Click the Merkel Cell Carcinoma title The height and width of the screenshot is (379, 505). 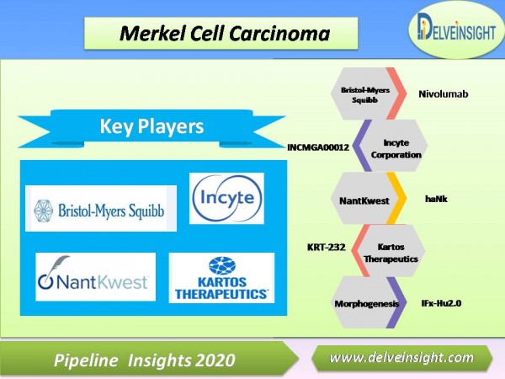pos(225,34)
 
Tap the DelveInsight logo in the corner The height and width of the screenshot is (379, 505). pos(457,29)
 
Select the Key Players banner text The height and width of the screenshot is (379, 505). pos(151,126)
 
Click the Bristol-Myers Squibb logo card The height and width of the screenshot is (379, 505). pos(101,209)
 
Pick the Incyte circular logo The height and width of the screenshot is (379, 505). pos(226,198)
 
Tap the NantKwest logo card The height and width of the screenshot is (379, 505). pos(95,277)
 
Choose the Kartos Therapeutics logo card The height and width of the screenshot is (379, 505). pos(221,278)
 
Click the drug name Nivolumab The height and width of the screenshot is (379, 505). pos(444,94)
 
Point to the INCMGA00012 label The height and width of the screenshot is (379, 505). pos(318,147)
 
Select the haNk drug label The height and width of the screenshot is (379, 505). pos(436,199)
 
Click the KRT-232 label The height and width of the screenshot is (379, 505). pos(327,247)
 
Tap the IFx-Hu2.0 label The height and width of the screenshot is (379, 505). pos(441,303)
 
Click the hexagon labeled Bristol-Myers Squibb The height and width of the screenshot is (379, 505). pos(364,93)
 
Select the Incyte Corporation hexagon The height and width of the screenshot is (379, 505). pos(394,146)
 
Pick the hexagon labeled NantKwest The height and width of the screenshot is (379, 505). pos(364,198)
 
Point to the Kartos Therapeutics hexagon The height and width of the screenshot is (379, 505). pos(391,251)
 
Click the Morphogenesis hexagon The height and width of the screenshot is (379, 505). pos(366,302)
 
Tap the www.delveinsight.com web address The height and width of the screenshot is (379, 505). pos(401,358)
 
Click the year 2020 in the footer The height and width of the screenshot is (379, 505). pos(213,360)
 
